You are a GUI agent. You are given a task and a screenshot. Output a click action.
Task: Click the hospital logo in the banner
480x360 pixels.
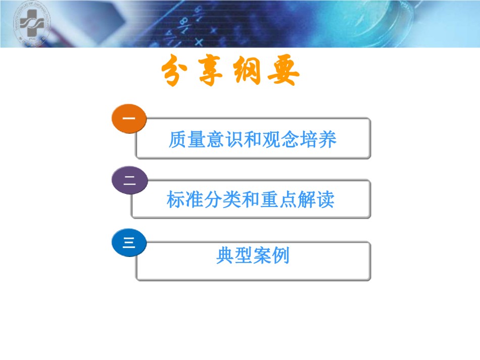(32, 24)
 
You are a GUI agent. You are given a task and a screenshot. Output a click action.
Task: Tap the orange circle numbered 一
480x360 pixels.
(129, 119)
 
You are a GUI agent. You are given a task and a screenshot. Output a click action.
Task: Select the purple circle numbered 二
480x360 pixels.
(129, 180)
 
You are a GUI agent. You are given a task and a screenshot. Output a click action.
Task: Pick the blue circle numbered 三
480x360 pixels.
(129, 242)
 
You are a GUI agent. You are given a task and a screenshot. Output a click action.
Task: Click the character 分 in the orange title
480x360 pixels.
(174, 71)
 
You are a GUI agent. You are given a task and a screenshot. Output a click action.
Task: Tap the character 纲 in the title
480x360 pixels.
(247, 71)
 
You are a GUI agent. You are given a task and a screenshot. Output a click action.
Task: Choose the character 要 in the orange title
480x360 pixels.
(283, 71)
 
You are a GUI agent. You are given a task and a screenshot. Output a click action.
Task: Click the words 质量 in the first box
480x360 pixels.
(187, 139)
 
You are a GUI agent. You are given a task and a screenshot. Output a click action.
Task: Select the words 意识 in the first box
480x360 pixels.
(225, 139)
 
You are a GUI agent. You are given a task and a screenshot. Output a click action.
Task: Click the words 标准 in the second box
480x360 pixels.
(185, 199)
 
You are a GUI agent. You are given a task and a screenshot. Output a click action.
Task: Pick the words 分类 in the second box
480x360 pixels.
(222, 199)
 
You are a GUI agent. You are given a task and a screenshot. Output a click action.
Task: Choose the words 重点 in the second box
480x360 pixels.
(279, 199)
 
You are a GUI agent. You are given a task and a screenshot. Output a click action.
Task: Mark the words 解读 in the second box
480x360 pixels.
(316, 199)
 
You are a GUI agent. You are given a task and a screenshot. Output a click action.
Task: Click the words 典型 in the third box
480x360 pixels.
(234, 255)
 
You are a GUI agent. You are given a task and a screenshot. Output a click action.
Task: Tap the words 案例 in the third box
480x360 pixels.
(271, 255)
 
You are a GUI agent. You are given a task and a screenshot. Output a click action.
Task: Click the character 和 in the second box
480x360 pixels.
(251, 199)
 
